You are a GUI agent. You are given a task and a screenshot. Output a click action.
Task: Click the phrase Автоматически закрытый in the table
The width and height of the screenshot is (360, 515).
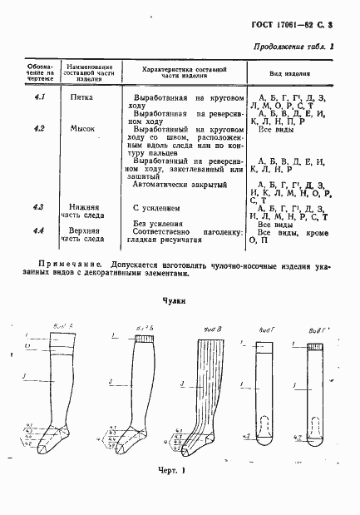[x=178, y=184]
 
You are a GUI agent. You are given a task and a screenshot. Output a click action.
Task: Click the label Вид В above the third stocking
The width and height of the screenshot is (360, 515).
[x=212, y=329]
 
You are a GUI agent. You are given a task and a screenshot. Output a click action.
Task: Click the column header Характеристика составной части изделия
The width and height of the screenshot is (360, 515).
[x=185, y=72]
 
